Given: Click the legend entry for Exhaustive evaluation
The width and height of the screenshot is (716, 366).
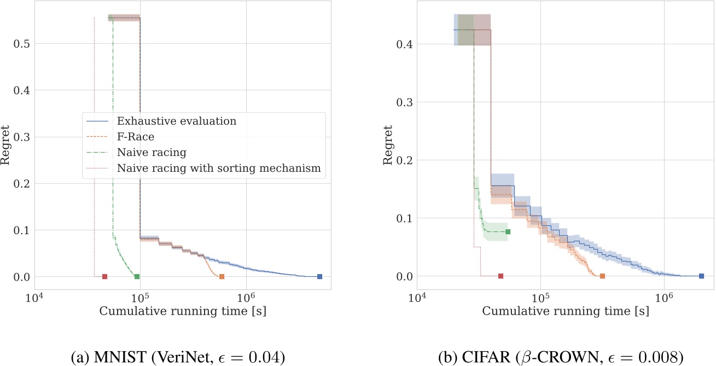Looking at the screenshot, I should tap(177, 121).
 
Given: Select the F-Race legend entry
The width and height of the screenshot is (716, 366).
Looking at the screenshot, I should tap(135, 137).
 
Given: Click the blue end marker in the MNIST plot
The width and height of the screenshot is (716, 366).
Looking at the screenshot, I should tap(319, 277).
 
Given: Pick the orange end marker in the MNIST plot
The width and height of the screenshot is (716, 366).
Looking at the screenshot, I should tap(222, 277).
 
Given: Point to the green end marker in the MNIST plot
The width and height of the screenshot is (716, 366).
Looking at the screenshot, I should tap(137, 277).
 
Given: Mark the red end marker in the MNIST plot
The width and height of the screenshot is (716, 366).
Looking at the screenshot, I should tap(104, 277).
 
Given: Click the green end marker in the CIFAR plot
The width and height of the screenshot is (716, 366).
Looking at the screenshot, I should tap(508, 232).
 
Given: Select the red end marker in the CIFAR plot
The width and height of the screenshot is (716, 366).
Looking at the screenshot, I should tap(500, 277).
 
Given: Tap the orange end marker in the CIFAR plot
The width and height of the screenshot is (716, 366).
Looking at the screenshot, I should tap(602, 276).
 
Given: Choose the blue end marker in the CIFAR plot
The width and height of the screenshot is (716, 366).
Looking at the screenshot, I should tap(701, 276).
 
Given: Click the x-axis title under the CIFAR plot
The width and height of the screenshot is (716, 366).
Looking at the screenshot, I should tap(566, 311).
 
